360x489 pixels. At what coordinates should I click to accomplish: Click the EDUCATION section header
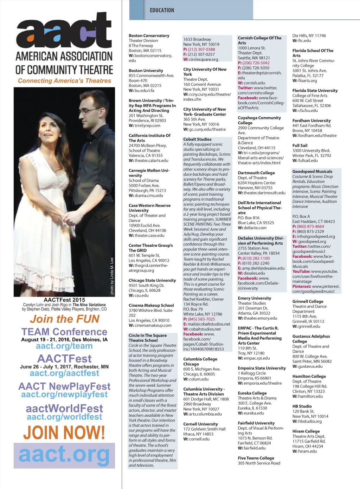coord(162,10)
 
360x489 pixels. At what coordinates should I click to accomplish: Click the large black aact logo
coord(64,31)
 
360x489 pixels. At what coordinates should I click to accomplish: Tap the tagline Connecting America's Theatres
coord(64,81)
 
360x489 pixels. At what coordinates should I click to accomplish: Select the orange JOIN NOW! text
coord(64,432)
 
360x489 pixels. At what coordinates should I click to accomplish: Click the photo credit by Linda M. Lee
coord(112,276)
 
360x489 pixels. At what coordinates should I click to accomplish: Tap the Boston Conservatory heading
coord(149,35)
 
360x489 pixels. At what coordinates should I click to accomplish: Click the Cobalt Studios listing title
coord(197,139)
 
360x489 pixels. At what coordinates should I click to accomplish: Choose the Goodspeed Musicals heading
coord(312,171)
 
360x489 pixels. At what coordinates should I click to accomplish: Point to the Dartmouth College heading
coord(256,173)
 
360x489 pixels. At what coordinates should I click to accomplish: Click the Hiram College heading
coord(306,431)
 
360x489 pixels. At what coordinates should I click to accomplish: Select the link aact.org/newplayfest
coord(64,395)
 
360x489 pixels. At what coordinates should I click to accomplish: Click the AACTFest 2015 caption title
coord(64,300)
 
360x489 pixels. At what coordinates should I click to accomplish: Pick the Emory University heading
coord(254,298)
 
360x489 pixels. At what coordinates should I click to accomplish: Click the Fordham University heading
coord(311,120)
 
